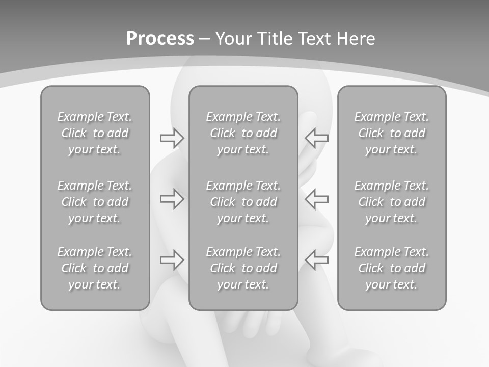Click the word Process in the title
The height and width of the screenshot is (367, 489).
coord(160,39)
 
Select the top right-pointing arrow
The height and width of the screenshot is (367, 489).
coord(172,138)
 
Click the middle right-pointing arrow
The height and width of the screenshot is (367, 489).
coord(172,199)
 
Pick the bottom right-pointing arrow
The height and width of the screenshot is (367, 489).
coord(172,259)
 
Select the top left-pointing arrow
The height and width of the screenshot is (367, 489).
coord(316,138)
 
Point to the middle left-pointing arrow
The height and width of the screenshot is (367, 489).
coord(316,199)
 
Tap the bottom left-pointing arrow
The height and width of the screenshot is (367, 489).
coord(316,259)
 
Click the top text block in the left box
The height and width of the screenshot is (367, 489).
coord(95,133)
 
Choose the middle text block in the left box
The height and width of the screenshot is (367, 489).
coord(95,202)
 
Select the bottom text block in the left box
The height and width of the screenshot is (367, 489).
coord(95,268)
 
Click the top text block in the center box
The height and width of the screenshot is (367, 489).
coord(243,133)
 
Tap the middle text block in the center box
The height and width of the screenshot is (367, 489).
coord(243,202)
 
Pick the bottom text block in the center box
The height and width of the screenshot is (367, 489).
coord(243,268)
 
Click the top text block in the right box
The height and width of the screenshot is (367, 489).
coord(391,133)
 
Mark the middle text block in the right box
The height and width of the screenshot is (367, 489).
coord(391,202)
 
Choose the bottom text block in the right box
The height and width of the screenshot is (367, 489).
coord(391,268)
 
